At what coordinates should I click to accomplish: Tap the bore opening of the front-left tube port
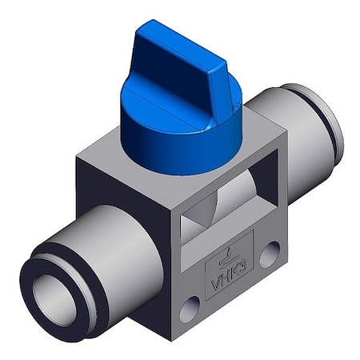click(54, 292)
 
